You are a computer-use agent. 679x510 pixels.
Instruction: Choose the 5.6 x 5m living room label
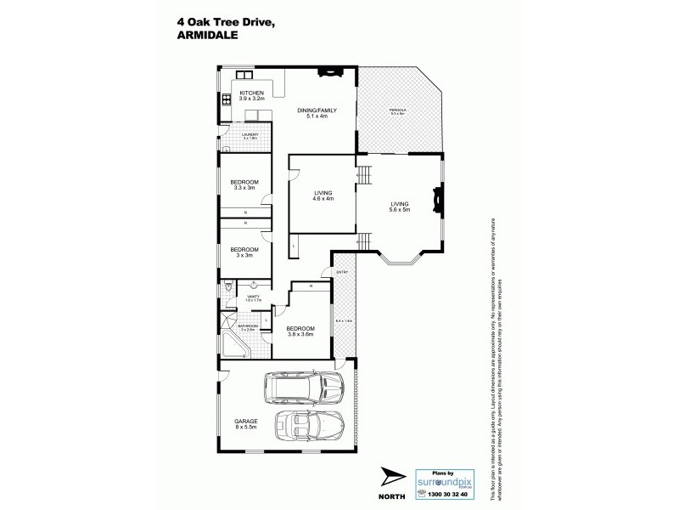400,207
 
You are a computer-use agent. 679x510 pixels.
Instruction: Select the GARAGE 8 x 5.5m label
246,424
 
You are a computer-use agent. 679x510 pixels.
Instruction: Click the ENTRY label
342,272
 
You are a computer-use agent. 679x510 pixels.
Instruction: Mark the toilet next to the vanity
227,291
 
